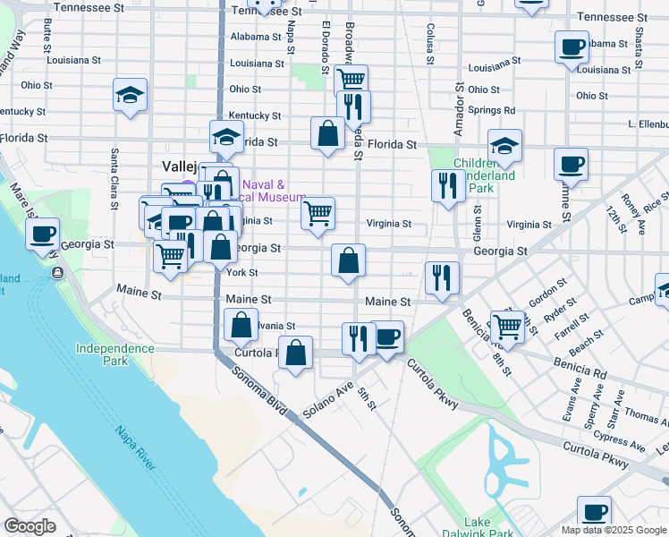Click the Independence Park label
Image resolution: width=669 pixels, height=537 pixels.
103,354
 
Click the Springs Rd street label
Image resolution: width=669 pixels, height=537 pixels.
491,110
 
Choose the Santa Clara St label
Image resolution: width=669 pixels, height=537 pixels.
114,179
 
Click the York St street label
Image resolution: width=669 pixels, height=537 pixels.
242,272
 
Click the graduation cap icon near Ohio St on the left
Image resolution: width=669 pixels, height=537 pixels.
131,95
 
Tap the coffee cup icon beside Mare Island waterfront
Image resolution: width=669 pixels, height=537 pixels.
43,234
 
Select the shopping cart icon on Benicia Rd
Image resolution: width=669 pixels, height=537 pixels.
507,327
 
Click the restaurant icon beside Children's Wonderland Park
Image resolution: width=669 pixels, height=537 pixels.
445,185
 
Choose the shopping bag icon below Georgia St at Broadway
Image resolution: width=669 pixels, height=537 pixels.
349,260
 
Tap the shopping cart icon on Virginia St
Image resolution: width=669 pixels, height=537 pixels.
318,214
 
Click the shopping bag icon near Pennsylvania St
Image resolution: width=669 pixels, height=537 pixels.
241,325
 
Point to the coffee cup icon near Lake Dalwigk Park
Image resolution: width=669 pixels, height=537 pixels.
594,512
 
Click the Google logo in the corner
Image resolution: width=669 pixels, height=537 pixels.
30,526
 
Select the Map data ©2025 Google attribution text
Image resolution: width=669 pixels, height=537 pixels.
612,530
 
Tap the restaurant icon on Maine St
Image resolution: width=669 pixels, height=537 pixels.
442,277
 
